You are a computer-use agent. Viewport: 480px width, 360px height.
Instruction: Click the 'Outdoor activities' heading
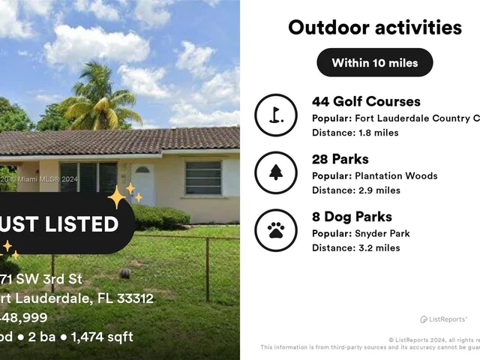pos(374,28)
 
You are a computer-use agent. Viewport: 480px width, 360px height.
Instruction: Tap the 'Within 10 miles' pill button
pos(374,62)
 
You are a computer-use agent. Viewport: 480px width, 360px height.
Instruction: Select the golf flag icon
pos(276,115)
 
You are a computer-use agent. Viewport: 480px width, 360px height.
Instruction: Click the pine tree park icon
pos(276,172)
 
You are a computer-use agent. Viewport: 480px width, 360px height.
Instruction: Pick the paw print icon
pos(276,230)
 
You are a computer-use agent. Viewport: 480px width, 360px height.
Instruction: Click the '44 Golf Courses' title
pos(366,101)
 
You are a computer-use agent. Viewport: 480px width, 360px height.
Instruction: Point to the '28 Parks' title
pos(340,159)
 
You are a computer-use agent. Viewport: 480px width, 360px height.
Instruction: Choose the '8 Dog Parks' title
pos(352,217)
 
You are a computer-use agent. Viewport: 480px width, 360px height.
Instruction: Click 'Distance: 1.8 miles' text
pos(355,133)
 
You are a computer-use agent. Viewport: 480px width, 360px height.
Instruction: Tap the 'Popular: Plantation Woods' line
pos(374,176)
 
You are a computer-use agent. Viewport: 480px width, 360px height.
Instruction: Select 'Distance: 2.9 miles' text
pos(356,190)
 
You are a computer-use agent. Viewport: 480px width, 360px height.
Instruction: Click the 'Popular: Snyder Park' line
pos(361,234)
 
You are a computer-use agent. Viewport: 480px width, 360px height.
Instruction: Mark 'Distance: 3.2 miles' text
pos(356,248)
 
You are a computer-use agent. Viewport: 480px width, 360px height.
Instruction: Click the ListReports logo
pos(444,319)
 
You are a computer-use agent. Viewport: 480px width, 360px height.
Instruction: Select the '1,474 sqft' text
pos(103,336)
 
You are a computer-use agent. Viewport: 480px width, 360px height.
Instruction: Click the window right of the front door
pos(202,178)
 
